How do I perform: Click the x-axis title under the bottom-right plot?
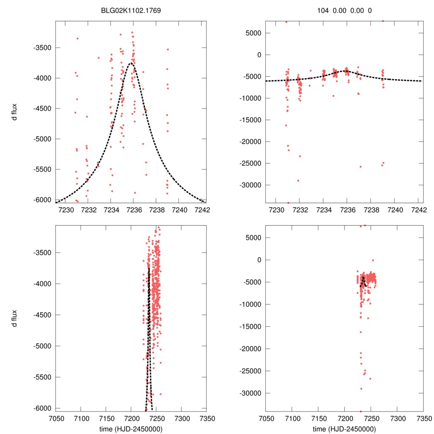345,429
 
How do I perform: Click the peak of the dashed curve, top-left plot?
132,63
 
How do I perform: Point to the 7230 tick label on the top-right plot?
275,210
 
